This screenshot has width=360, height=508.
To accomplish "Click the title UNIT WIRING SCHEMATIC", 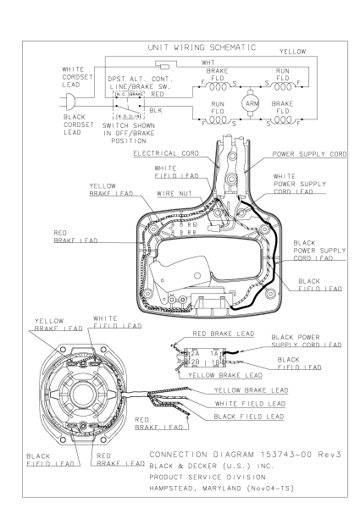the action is pos(202,47).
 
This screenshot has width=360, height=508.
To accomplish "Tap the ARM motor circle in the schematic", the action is pos(250,103).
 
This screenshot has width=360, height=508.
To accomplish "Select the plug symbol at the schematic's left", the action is pos(70,102).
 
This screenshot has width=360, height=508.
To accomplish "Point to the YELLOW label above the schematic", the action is pos(292,52).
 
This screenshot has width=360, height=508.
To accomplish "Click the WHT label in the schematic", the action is pos(208,62).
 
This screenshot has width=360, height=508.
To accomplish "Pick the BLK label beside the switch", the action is pos(156,110).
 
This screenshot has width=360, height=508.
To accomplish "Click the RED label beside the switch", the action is pos(158,94).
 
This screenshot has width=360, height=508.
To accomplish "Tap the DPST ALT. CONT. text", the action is pos(141,79).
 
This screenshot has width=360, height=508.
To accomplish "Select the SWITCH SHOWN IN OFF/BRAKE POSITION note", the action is pos(129,133).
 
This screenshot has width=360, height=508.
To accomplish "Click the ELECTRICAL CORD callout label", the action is pos(166,153).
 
